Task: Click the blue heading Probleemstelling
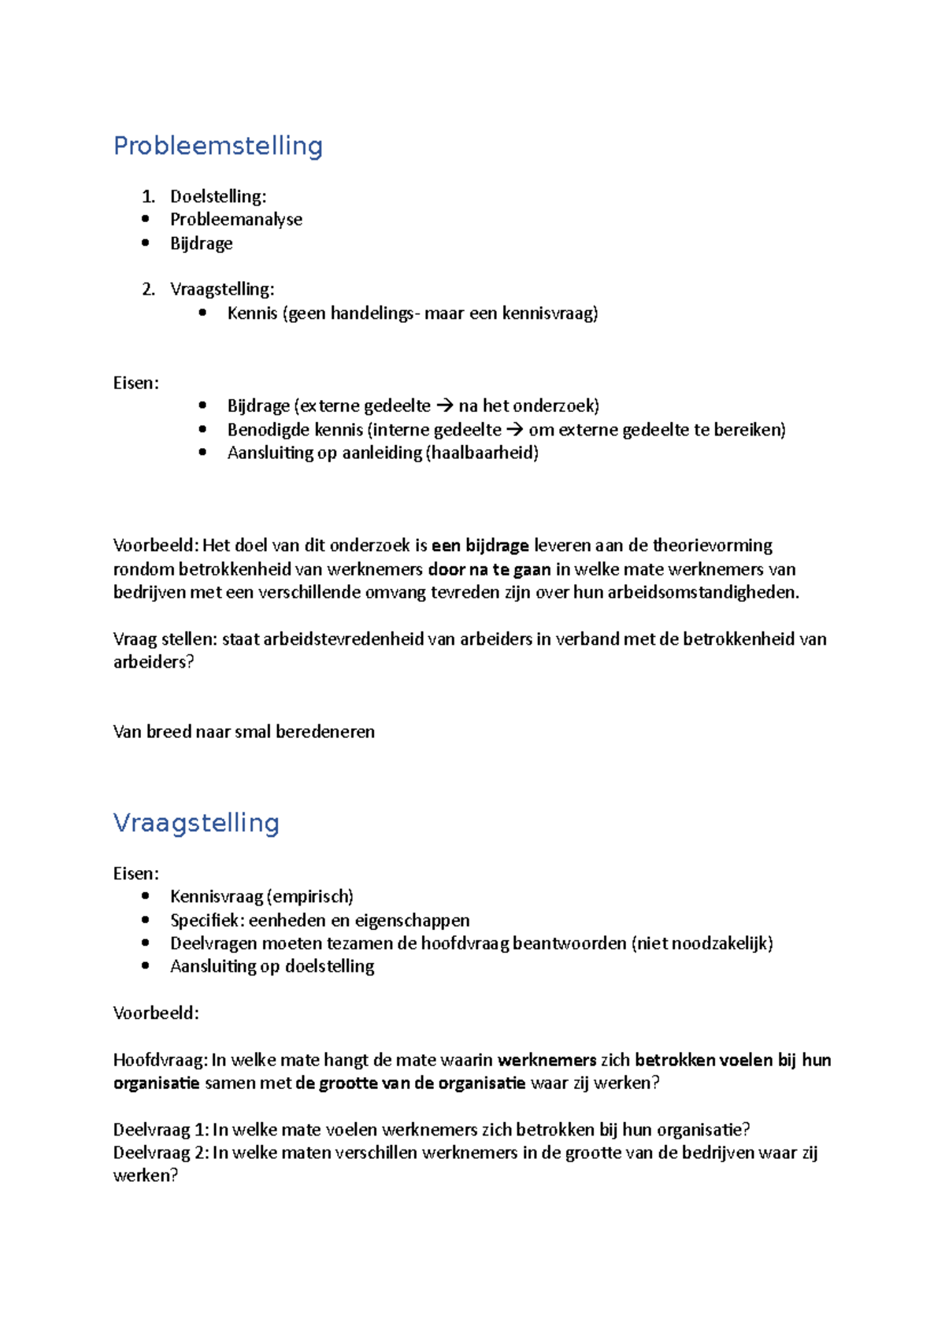(x=218, y=146)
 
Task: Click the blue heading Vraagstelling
(x=196, y=823)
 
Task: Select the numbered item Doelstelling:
(x=218, y=196)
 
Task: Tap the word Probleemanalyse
(x=236, y=220)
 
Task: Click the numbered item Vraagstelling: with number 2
(x=222, y=289)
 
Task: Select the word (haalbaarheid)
(x=482, y=453)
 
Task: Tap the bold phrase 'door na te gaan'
(x=489, y=569)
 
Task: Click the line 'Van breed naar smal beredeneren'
(x=244, y=731)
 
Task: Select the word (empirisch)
(x=309, y=897)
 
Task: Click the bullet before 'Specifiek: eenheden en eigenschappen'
(x=145, y=920)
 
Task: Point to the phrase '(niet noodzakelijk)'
(x=702, y=943)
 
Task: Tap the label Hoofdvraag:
(x=161, y=1060)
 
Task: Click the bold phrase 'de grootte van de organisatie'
(x=410, y=1083)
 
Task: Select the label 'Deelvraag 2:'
(x=161, y=1153)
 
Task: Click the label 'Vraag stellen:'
(x=165, y=639)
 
